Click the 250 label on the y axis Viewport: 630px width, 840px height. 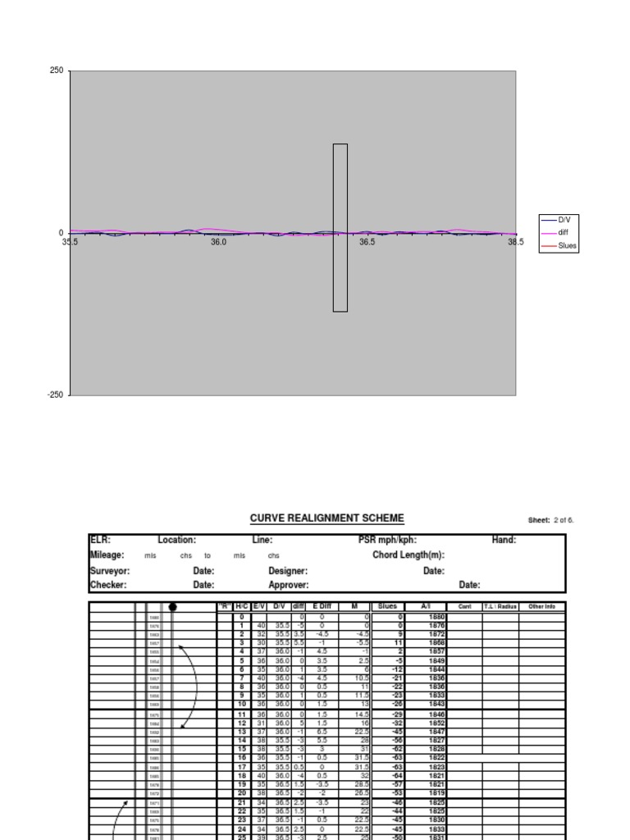57,71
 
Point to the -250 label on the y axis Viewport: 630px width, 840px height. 55,395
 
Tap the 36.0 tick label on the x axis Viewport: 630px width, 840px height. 218,243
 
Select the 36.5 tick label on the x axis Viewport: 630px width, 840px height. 367,243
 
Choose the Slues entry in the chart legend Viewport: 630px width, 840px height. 568,245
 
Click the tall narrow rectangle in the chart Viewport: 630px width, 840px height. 340,227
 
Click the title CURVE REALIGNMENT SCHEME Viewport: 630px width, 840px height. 326,518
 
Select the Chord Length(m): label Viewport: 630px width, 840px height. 409,555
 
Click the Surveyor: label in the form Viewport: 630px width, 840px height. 110,570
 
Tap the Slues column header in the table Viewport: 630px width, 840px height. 388,606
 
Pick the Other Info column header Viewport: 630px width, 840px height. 542,606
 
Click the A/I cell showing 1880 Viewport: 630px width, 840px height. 436,616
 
